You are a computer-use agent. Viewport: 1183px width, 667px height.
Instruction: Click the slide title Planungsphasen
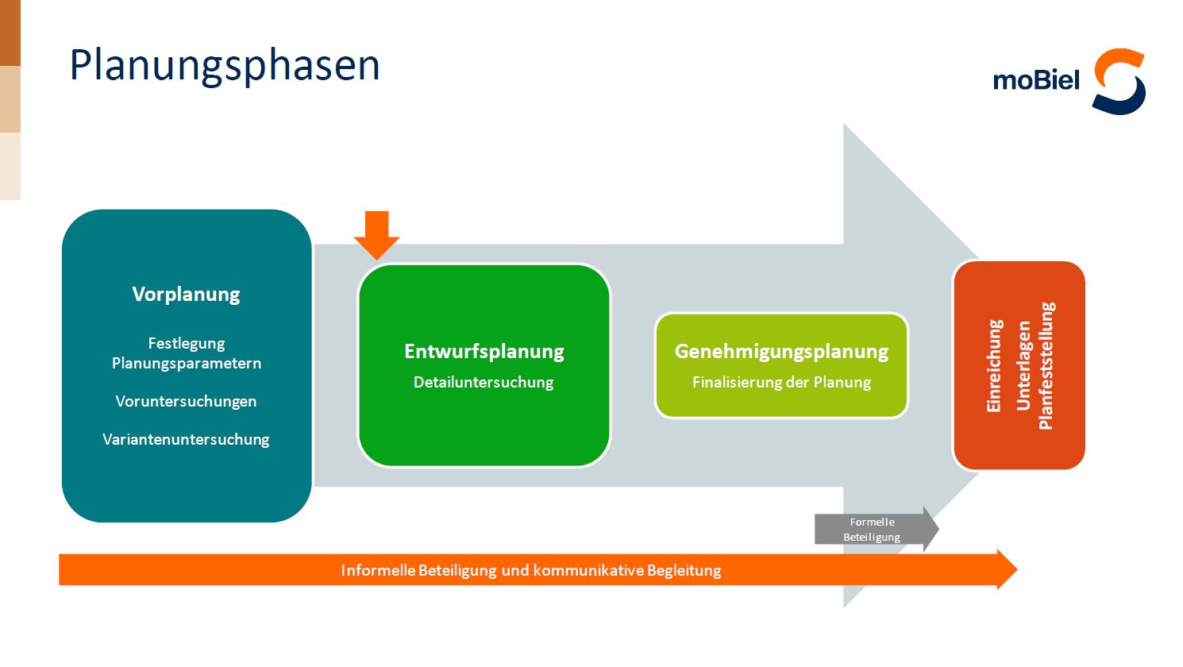(x=225, y=66)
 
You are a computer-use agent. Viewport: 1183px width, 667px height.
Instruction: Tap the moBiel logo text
(x=1036, y=80)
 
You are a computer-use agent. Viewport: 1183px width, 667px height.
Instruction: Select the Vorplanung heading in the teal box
(x=186, y=295)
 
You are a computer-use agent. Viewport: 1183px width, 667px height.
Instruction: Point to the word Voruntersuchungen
(x=186, y=401)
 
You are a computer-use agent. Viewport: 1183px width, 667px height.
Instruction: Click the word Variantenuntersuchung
(x=186, y=439)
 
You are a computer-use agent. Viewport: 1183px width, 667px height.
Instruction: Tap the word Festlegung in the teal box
(x=186, y=343)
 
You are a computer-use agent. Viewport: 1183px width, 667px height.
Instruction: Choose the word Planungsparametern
(x=186, y=363)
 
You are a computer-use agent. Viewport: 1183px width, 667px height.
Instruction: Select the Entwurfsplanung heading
(x=484, y=351)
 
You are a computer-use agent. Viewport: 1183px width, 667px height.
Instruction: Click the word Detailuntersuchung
(x=484, y=382)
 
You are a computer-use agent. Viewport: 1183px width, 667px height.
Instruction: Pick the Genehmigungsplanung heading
(x=781, y=351)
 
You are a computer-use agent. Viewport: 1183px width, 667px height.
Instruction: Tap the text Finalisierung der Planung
(x=781, y=382)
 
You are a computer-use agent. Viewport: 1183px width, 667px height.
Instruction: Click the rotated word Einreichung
(x=994, y=365)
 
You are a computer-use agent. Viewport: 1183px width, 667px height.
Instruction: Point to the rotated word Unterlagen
(x=1023, y=365)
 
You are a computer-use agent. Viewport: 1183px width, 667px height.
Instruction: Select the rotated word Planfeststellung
(x=1046, y=365)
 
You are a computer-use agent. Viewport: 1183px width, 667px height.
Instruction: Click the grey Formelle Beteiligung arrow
(x=873, y=529)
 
